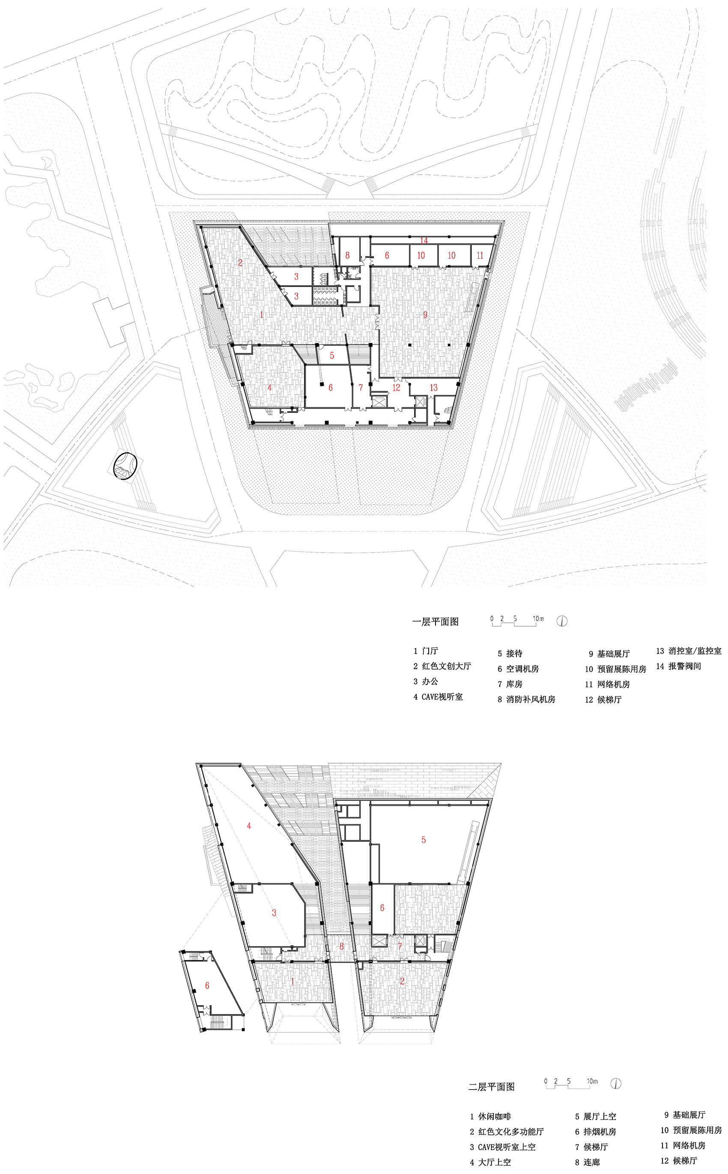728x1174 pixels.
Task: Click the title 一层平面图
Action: coord(435,621)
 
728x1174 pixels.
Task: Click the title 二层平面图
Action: coord(491,1087)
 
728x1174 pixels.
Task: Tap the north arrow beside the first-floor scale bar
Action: coord(562,621)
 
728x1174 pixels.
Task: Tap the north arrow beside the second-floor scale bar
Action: coord(615,1084)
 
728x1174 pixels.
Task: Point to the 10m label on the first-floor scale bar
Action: coord(538,618)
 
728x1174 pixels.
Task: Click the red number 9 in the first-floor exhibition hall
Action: coord(425,314)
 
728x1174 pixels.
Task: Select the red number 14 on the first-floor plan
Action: coord(424,240)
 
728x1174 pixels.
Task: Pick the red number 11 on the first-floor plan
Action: coord(480,256)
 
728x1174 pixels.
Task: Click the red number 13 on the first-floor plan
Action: coord(433,387)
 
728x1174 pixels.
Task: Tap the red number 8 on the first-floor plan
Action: coord(347,256)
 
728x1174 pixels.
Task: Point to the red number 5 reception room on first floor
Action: coord(332,356)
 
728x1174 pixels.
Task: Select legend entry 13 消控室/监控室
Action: coord(689,651)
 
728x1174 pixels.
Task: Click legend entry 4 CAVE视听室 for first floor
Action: coord(438,697)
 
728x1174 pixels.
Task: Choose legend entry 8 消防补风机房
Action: coord(526,699)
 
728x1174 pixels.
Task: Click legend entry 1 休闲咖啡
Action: coord(491,1116)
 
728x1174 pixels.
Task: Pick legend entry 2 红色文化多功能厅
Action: coord(507,1132)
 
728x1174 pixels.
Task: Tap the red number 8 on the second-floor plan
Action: coord(341,946)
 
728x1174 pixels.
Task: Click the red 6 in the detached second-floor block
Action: coord(207,985)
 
